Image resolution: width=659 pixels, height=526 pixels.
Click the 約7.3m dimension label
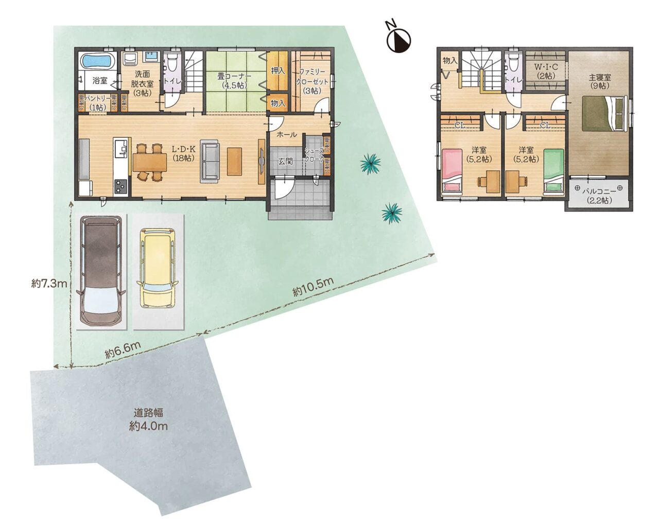49,284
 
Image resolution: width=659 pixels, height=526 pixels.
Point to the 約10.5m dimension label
313,287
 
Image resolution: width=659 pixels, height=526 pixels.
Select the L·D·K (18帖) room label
183,153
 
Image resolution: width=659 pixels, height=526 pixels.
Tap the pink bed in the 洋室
452,170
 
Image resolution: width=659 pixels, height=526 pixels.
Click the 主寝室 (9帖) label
600,81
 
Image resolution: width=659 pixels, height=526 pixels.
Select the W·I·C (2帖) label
546,71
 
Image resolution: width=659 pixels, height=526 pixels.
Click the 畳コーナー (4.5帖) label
235,80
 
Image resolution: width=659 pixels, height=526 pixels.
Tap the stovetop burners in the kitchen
120,187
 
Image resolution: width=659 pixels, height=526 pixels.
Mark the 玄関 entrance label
285,162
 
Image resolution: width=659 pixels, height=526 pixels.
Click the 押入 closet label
278,71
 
